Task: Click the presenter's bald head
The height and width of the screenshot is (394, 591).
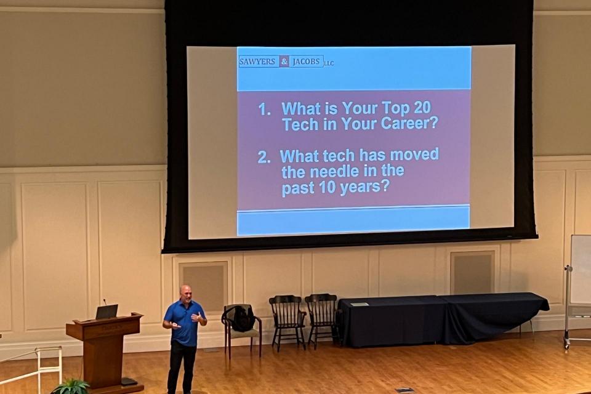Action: tap(185, 292)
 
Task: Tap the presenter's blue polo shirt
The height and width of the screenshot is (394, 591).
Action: tap(185, 323)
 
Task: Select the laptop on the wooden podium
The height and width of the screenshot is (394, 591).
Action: tap(107, 312)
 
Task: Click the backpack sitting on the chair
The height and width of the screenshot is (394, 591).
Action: tap(243, 319)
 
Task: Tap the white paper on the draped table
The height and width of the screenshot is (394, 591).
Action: tap(359, 304)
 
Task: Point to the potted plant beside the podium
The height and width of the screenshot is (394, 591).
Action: tap(71, 387)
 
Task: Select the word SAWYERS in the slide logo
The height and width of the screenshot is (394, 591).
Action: tap(257, 62)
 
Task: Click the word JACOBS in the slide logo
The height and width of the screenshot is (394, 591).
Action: tap(307, 62)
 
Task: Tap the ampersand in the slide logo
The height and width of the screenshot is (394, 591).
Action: tap(284, 62)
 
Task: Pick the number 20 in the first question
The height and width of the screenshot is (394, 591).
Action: tap(422, 108)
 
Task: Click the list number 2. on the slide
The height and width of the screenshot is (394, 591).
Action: tap(264, 157)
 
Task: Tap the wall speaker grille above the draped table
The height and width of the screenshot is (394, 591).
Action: tap(472, 272)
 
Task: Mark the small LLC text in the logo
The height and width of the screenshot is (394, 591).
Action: tap(329, 63)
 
